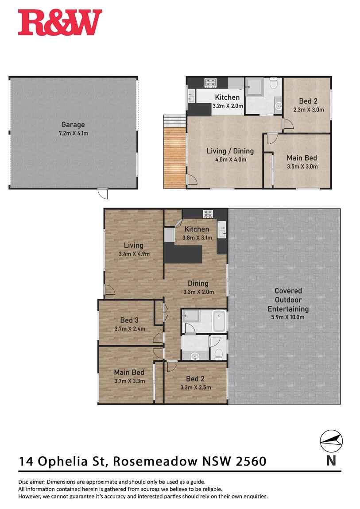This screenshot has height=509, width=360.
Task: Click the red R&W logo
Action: coord(60,23)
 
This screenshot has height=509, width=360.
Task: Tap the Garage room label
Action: coord(73,125)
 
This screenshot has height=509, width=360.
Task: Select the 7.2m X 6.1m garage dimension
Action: coord(73,133)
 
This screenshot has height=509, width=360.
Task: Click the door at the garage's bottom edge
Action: coord(103,193)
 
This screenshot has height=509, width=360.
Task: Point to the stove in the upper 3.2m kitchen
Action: coord(209,82)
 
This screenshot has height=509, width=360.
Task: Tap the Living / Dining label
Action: coord(226,151)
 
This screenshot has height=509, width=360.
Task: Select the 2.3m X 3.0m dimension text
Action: coord(309,110)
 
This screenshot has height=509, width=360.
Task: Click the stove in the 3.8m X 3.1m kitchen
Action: coord(209,214)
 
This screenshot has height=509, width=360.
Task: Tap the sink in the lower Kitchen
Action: coord(221,231)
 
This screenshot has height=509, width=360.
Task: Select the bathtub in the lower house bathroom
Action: coord(220,321)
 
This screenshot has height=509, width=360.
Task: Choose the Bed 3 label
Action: coord(129,320)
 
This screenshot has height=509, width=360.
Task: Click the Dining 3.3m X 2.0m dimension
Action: coord(198,292)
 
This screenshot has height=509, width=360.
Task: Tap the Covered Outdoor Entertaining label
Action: coord(288,300)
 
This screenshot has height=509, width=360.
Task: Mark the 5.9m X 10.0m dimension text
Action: coord(288,317)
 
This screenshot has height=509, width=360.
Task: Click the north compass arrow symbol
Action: coord(332,440)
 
